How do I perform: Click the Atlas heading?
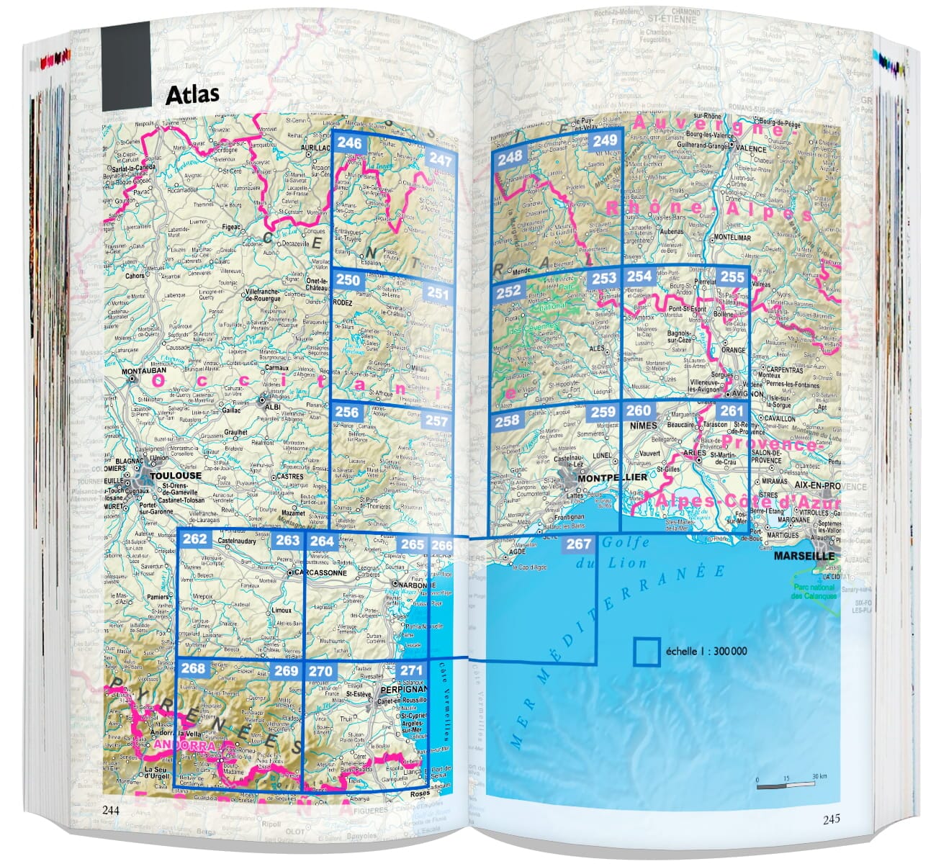click(192, 95)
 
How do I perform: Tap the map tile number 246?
click(349, 143)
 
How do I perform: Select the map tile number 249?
click(606, 140)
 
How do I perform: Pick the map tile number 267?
click(578, 544)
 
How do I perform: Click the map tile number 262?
click(194, 539)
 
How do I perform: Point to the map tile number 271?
click(411, 671)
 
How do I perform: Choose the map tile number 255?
click(732, 277)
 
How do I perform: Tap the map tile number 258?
click(507, 420)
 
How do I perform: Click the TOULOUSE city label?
click(176, 476)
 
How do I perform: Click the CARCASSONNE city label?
click(321, 573)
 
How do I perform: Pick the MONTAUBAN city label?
click(144, 372)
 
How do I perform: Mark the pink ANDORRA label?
click(184, 746)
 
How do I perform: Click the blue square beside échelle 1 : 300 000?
click(647, 652)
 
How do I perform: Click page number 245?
click(831, 819)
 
